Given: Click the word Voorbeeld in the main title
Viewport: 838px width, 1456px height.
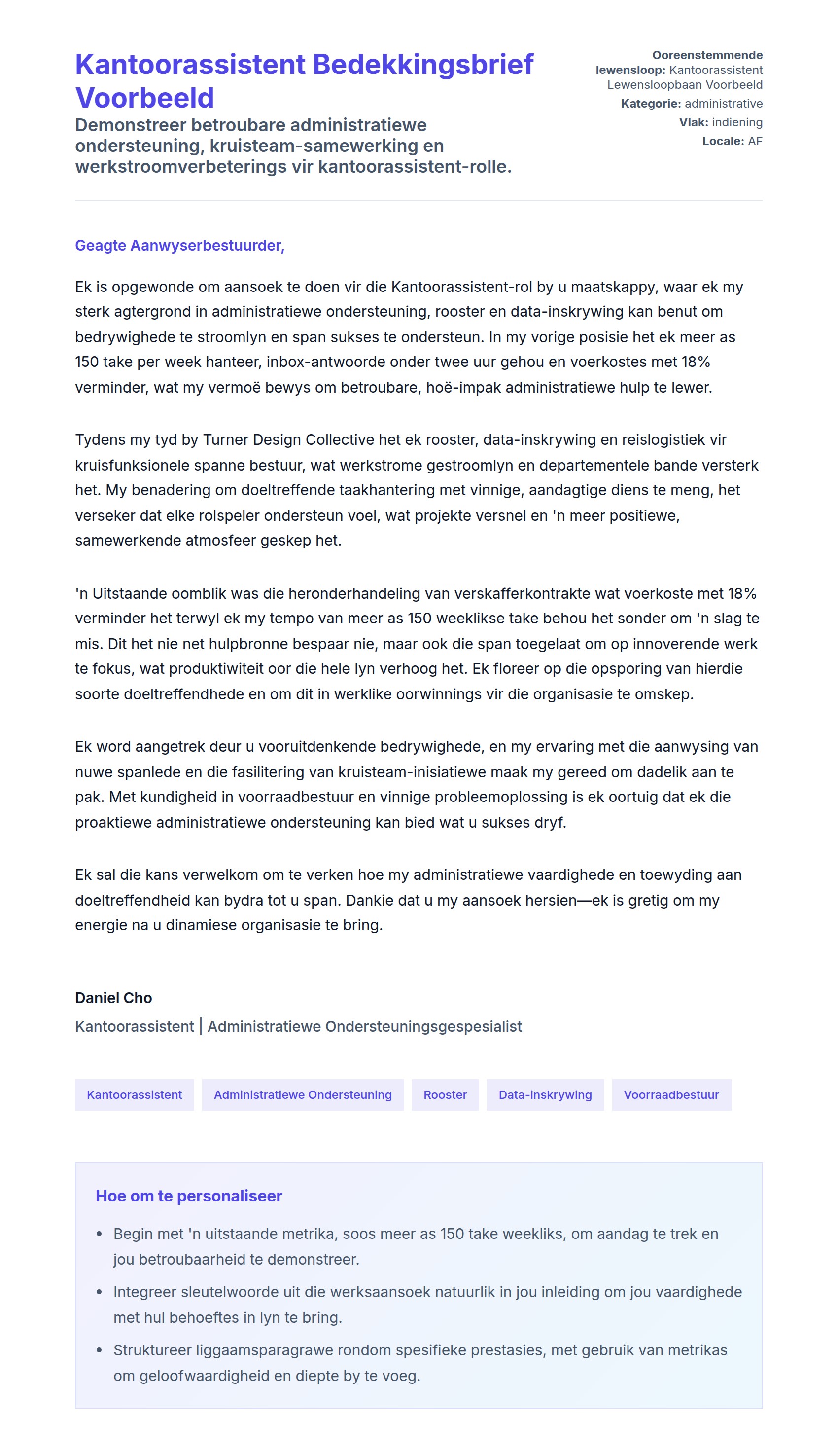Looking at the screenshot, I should click(144, 98).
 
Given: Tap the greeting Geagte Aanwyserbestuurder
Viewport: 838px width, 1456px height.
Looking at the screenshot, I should click(179, 245).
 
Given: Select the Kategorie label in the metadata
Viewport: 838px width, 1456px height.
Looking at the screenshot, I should click(650, 104).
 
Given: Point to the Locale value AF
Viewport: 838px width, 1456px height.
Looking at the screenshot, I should click(755, 141).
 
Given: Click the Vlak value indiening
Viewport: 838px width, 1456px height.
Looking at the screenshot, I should click(737, 122).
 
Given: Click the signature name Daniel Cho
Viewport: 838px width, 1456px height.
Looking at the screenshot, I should click(113, 998).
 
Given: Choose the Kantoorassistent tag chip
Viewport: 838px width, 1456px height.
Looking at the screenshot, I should click(134, 1094).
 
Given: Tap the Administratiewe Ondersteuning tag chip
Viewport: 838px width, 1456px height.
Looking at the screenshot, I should click(303, 1094).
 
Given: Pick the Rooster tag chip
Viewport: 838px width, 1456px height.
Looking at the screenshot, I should click(445, 1094).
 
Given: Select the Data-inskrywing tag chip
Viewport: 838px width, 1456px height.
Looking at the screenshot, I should click(545, 1094).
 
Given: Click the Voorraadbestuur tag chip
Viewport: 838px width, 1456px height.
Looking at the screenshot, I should click(671, 1094).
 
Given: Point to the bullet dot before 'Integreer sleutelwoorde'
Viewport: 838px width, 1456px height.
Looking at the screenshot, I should click(100, 1292).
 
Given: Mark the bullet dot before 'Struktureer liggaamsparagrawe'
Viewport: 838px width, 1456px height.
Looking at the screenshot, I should click(100, 1350).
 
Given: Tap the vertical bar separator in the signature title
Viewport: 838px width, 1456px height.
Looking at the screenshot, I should click(201, 1026).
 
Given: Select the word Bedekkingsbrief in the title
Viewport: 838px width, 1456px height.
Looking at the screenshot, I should click(423, 65).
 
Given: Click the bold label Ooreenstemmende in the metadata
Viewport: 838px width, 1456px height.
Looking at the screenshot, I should click(707, 55).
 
